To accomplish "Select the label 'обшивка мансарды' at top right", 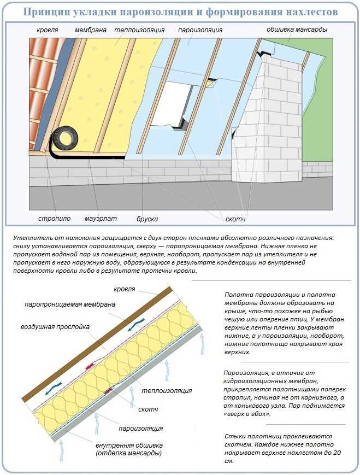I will coord(297,30).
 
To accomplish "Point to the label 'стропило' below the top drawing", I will coord(55,219).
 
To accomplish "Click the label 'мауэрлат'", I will coord(100,219).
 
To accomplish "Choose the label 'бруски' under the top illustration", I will coord(147,219).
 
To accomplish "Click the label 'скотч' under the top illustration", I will coord(235,219).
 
